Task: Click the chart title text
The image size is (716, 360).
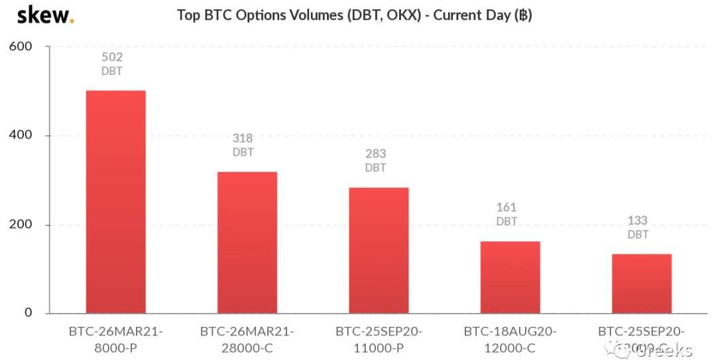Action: point(354,15)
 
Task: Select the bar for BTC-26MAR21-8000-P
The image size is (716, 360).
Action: point(116,202)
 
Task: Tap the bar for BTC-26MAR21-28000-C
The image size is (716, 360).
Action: point(247,242)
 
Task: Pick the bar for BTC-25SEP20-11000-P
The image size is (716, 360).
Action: point(379,250)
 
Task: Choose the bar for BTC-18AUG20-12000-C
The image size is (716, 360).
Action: point(510,277)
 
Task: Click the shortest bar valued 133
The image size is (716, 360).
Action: point(641,283)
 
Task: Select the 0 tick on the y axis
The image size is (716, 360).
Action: point(28,312)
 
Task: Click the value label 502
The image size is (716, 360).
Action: point(112,57)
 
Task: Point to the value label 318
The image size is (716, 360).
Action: point(243,139)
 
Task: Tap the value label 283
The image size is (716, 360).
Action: point(375,154)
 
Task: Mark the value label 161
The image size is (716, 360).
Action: point(507,208)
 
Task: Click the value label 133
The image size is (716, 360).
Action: point(638,220)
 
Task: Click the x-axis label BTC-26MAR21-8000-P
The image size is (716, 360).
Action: point(116,339)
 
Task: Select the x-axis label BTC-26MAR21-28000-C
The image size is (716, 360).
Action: point(247,339)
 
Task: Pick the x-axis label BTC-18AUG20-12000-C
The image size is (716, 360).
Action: point(510,339)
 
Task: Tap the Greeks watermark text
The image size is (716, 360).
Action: point(663,350)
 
